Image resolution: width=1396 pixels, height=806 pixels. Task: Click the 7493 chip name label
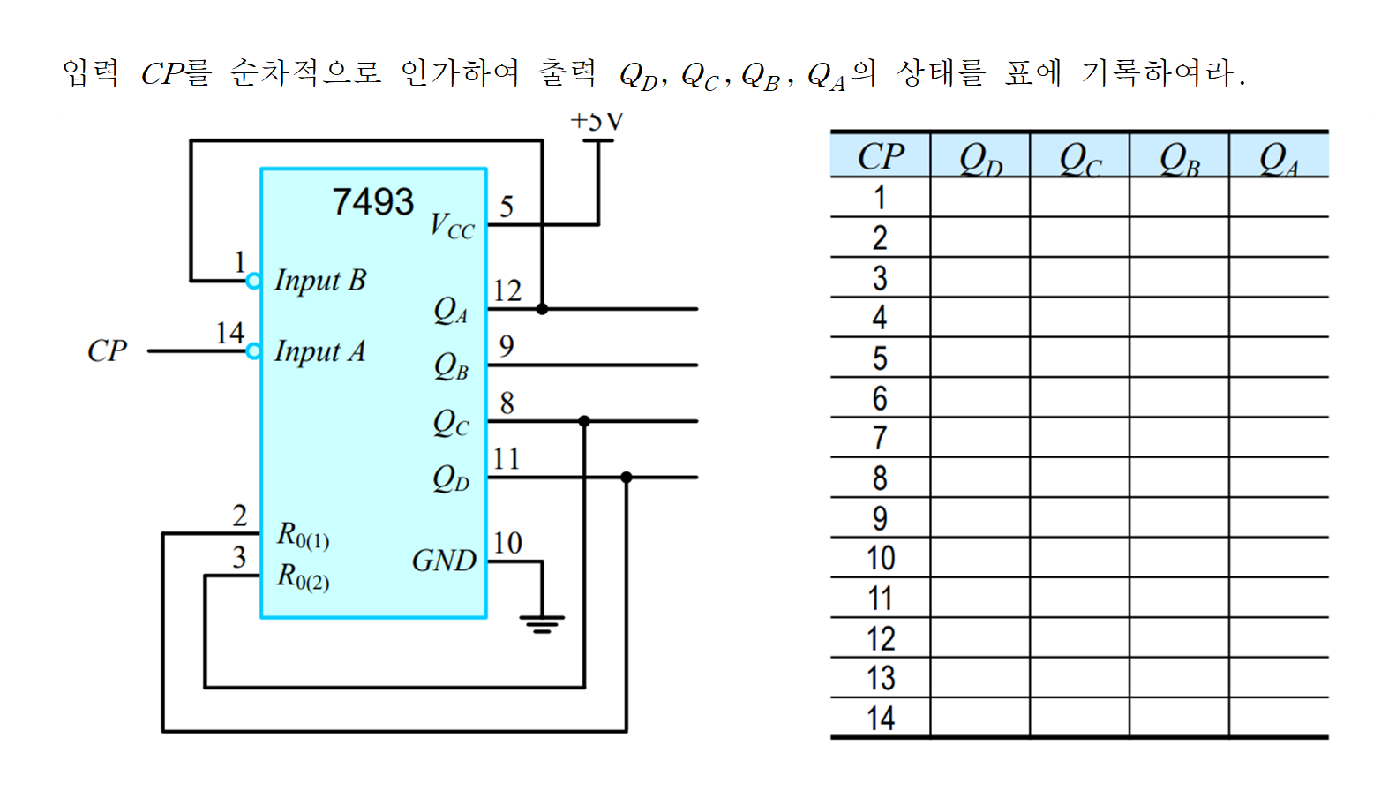click(x=372, y=202)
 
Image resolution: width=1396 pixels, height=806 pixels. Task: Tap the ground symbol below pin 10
click(x=542, y=624)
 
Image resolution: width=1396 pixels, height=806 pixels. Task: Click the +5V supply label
click(x=597, y=121)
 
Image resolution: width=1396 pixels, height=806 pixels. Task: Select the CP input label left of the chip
click(x=107, y=351)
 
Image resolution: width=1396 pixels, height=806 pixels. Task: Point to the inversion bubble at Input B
click(x=253, y=281)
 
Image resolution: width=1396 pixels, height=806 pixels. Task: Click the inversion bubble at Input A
click(x=253, y=351)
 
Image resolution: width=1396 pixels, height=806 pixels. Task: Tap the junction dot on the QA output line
click(x=542, y=309)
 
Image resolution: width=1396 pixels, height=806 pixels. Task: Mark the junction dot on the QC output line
click(x=584, y=421)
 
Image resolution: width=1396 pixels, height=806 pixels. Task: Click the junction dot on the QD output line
click(x=627, y=478)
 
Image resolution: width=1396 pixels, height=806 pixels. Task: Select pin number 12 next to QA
click(x=507, y=290)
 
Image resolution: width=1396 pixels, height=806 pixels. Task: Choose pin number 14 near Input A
click(x=229, y=333)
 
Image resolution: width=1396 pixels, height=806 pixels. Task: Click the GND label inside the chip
click(x=444, y=561)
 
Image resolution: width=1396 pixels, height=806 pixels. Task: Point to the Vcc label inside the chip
click(x=452, y=227)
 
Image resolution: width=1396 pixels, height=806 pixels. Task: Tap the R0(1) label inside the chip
click(x=303, y=535)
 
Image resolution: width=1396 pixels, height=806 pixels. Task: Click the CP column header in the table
click(x=880, y=157)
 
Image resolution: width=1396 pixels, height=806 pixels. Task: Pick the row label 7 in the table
click(x=880, y=438)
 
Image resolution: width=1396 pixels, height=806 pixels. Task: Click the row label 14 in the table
click(x=880, y=719)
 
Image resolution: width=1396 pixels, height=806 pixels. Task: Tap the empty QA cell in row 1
click(x=1278, y=198)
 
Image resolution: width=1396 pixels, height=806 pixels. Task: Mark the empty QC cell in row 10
click(x=1079, y=558)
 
